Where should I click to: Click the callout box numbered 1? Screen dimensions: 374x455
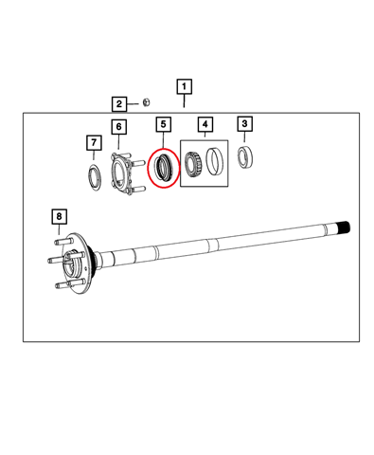point(184,86)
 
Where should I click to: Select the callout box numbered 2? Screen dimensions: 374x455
point(119,104)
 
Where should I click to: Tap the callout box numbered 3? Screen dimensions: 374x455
point(244,123)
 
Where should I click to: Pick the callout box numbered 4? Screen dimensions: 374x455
point(205,124)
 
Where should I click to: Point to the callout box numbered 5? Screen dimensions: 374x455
point(163,124)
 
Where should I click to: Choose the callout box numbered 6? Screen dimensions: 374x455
point(118,127)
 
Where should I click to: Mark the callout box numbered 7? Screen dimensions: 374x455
point(94,143)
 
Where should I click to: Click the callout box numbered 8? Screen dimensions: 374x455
point(59,216)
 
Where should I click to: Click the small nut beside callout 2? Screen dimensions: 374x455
point(146,102)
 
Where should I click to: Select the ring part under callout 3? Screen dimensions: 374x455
point(246,157)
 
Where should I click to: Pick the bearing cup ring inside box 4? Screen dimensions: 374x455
point(215,161)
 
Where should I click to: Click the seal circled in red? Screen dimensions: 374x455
point(164,167)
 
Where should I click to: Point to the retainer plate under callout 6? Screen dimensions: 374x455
point(124,173)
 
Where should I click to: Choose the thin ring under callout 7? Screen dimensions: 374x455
point(94,177)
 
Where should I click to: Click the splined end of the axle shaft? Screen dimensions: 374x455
point(344,227)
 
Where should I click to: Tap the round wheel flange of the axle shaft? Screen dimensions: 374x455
point(78,264)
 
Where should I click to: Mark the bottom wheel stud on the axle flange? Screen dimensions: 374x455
point(62,285)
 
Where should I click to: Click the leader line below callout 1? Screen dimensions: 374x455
point(184,101)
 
